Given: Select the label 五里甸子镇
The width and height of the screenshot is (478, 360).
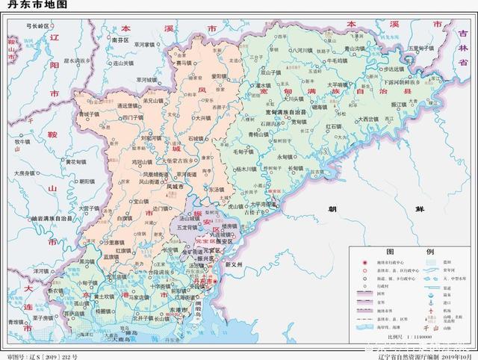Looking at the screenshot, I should [423, 49].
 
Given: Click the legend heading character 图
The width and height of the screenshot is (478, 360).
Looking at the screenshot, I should [379, 252].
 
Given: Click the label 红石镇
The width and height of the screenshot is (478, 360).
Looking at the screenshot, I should [333, 126].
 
